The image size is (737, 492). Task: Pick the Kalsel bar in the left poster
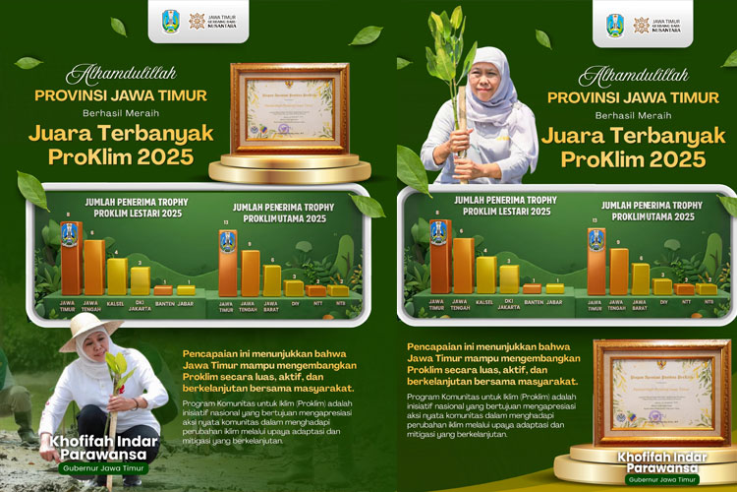pyautogui.click(x=117, y=276)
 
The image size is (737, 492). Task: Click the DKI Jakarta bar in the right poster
pyautogui.click(x=509, y=278)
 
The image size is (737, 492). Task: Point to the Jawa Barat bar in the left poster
pyautogui.click(x=272, y=279)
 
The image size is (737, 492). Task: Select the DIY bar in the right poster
pyautogui.click(x=662, y=286)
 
